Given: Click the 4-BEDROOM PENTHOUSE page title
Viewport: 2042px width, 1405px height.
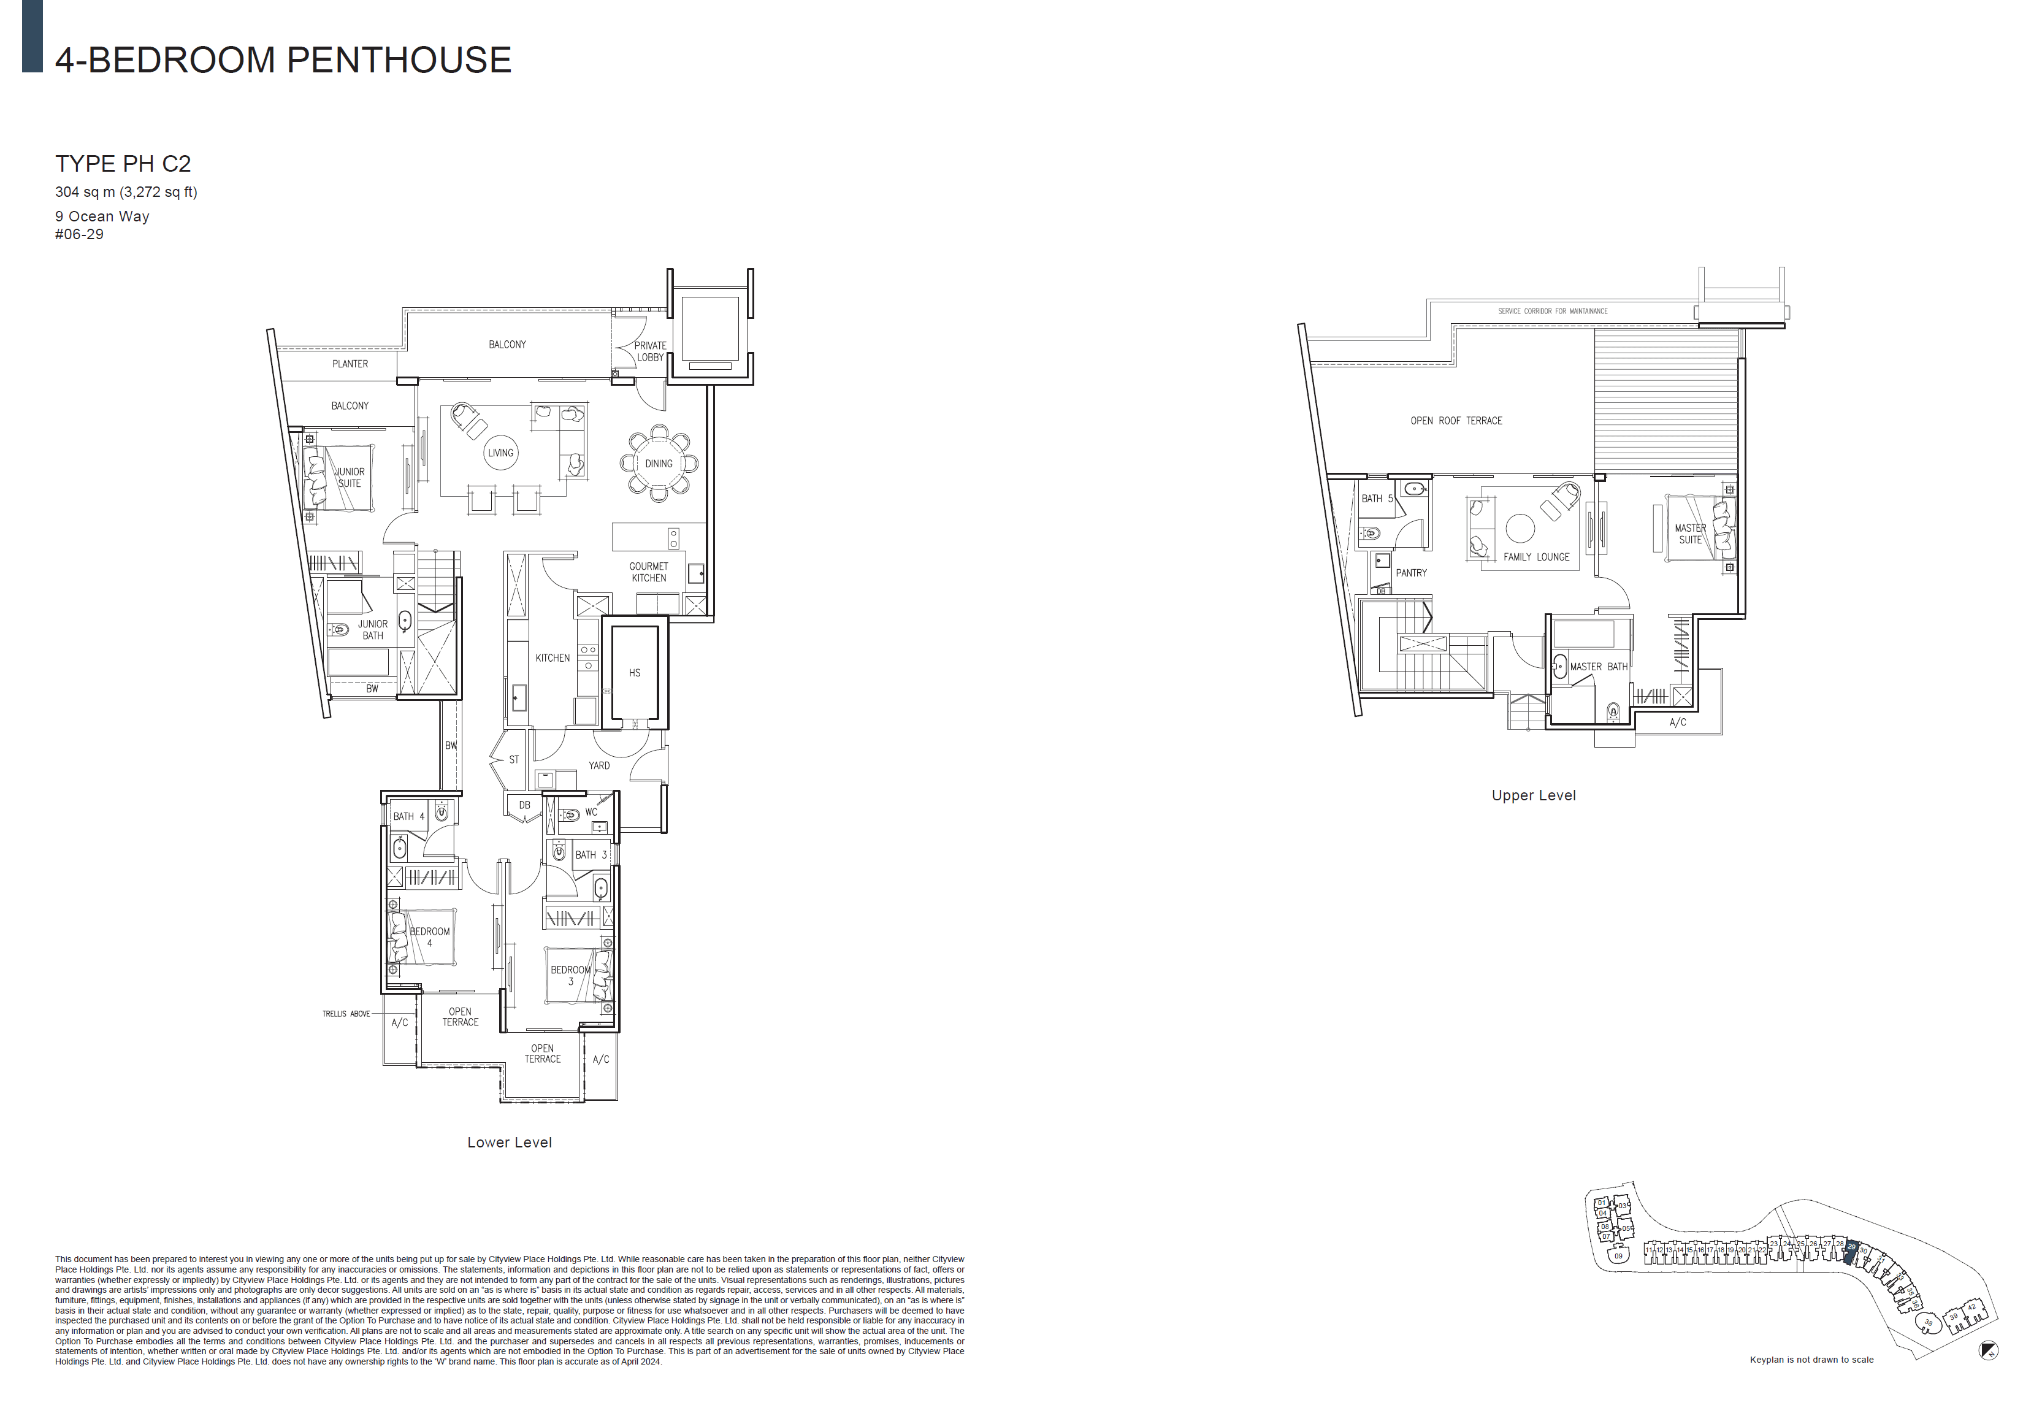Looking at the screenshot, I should pos(283,60).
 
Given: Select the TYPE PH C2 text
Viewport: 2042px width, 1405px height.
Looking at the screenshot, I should pos(123,164).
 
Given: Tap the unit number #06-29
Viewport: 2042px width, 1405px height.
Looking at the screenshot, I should pos(79,234).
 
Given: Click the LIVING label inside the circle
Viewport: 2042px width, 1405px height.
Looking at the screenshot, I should pos(500,453).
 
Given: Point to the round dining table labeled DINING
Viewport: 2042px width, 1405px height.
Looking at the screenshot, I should pos(659,463).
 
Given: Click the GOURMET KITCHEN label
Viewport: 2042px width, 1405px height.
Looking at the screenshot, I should pos(649,572).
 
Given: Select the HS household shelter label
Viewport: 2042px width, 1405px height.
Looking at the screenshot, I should pos(635,673).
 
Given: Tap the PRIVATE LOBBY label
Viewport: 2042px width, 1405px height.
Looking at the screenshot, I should pos(651,351).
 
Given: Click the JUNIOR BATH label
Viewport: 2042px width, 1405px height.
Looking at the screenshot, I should pos(372,629).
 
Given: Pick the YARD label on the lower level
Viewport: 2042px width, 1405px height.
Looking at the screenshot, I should pos(599,765).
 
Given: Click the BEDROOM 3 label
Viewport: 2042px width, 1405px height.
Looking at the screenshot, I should pos(570,975).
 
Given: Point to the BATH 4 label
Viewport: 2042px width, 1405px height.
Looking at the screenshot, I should pos(408,816).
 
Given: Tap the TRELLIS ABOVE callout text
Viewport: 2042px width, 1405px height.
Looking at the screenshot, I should pos(346,1013).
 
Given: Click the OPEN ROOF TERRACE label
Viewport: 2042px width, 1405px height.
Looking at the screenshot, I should pos(1456,421).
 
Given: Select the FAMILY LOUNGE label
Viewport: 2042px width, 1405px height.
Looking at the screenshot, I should pos(1536,557).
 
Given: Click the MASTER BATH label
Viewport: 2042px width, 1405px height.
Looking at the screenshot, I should pos(1599,667).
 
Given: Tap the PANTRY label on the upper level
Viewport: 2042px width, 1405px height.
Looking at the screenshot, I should pos(1411,572).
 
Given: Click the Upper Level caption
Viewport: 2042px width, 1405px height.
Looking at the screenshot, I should pos(1533,795).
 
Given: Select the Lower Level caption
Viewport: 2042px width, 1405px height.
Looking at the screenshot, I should pos(509,1142).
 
